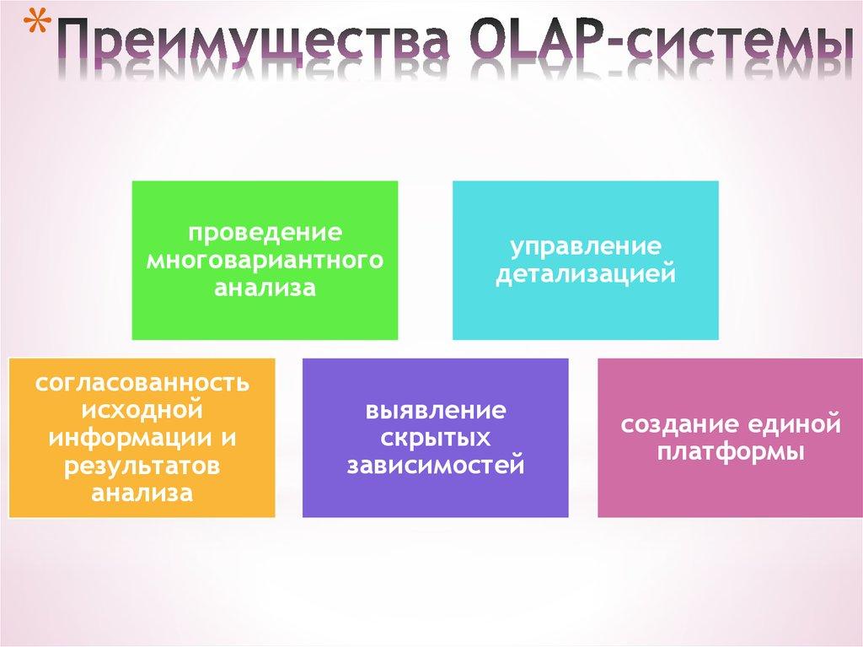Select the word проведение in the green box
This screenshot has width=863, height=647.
click(x=264, y=230)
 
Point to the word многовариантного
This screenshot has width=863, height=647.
click(x=264, y=259)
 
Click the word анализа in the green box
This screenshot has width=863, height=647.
click(x=264, y=288)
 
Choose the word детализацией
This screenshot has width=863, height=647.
click(x=585, y=275)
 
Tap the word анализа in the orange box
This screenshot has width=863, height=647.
click(x=142, y=493)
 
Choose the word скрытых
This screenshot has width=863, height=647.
click(x=435, y=438)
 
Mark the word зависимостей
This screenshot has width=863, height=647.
click(x=435, y=466)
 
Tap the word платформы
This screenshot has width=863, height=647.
click(x=731, y=451)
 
